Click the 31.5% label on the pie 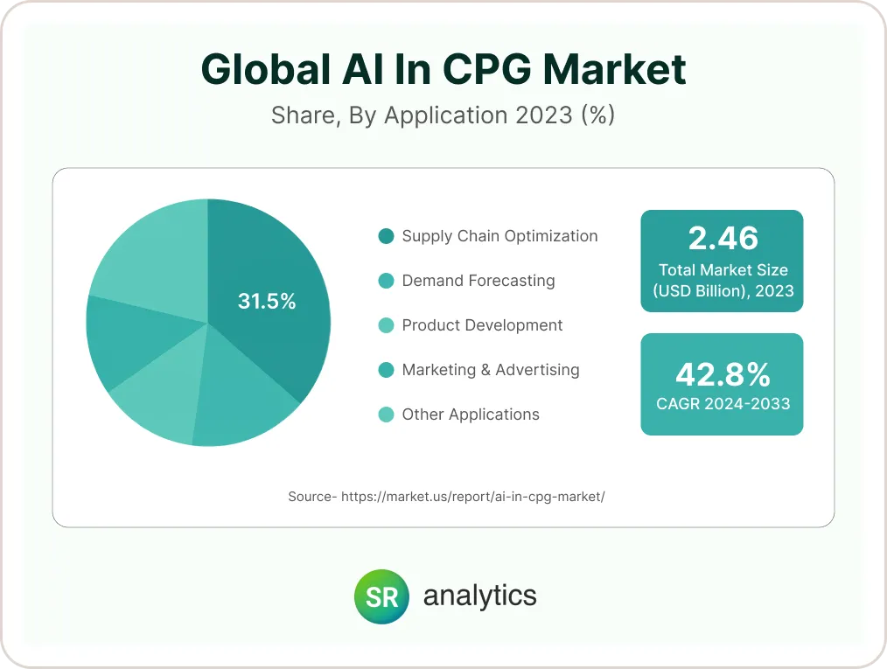point(267,302)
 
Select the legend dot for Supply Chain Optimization point(386,236)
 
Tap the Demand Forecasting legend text point(478,281)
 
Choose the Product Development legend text point(482,325)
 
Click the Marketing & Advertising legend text point(490,370)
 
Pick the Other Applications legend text point(470,415)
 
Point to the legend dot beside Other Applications point(386,415)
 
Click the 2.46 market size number point(722,238)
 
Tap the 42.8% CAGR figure point(722,374)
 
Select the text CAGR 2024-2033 point(722,404)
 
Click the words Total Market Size point(722,270)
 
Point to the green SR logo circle point(381,596)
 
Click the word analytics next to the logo point(479,596)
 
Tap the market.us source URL point(472,497)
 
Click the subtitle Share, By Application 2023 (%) point(443,115)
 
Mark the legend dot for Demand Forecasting point(386,281)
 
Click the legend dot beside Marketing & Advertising point(386,370)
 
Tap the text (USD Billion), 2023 point(722,291)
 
